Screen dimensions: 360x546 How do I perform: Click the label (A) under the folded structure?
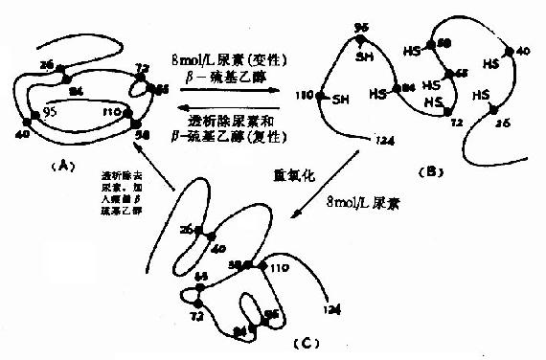pos(65,165)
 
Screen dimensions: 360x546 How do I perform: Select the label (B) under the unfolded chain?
pos(433,171)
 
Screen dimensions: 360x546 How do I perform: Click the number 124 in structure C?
pos(331,308)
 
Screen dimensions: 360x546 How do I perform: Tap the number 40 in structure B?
pos(523,50)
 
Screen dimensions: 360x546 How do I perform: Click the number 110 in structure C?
pos(279,265)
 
